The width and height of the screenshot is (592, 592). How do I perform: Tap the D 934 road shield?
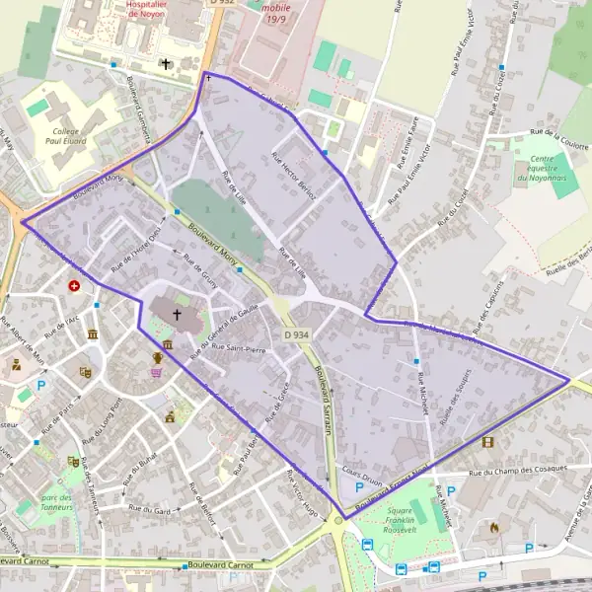300,336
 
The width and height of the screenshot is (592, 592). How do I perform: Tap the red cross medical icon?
75,286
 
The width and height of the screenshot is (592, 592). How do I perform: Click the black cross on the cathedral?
178,315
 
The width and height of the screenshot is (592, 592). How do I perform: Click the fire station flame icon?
494,528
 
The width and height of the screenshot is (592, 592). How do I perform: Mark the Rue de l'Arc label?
61,326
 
